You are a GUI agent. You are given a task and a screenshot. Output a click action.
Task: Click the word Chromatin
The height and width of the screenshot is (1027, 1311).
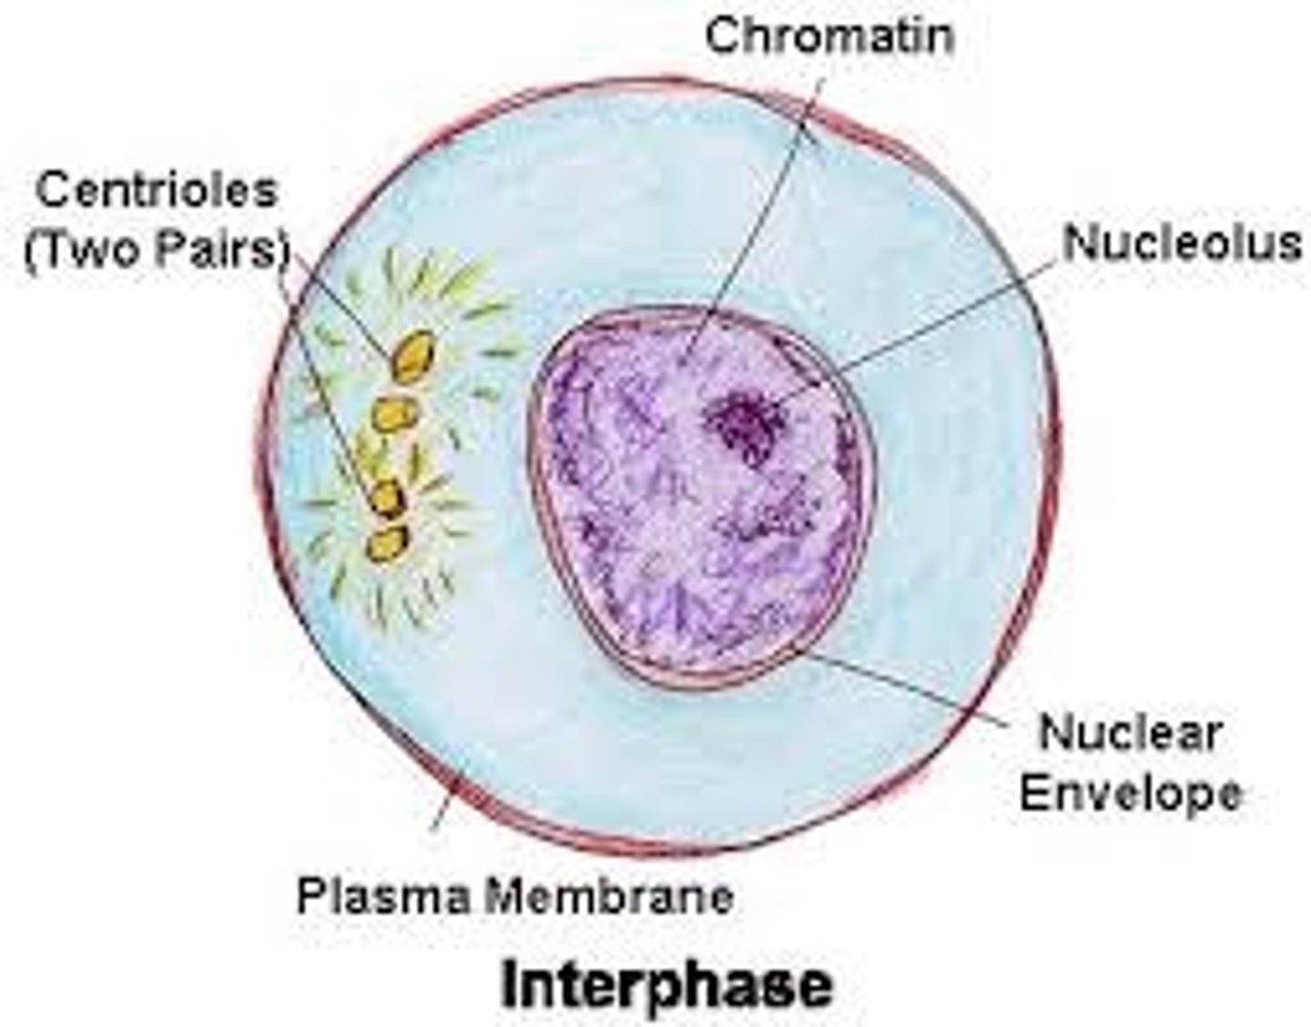click(x=829, y=36)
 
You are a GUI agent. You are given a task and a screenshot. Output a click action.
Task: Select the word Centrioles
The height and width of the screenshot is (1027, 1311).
click(x=156, y=191)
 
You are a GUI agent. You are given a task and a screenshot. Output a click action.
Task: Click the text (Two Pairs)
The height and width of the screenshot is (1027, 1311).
click(x=156, y=249)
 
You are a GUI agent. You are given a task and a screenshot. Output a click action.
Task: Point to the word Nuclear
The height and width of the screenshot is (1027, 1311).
click(x=1130, y=733)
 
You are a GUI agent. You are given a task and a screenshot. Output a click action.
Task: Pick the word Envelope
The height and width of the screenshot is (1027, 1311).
click(x=1130, y=792)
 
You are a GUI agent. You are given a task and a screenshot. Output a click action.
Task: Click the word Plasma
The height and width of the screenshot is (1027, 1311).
click(x=383, y=896)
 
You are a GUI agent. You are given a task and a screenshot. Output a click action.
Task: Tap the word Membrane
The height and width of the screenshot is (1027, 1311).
click(x=608, y=896)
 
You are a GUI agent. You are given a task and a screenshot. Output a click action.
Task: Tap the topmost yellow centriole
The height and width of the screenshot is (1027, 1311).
click(x=412, y=356)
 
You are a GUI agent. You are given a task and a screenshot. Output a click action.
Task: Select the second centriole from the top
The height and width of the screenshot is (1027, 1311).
click(x=396, y=414)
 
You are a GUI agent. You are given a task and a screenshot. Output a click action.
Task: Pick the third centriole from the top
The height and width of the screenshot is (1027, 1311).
click(x=388, y=498)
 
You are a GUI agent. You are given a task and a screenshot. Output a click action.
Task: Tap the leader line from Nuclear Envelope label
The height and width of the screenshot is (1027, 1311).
click(x=910, y=687)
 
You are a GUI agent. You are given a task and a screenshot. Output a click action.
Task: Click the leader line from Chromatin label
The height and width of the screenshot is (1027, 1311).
click(x=765, y=209)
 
